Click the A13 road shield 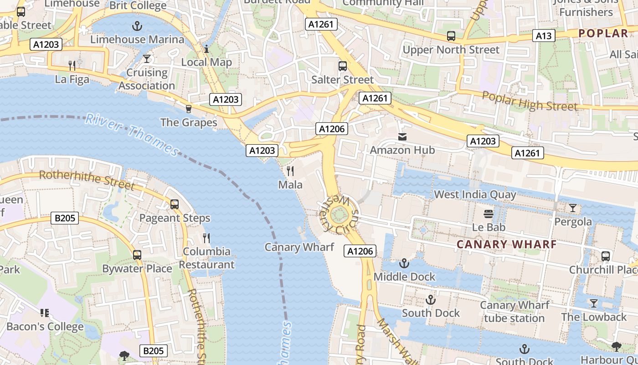click(x=544, y=36)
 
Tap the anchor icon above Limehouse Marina click(x=137, y=26)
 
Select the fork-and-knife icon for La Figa click(x=72, y=66)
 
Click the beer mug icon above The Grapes click(x=188, y=109)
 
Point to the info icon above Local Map click(x=206, y=48)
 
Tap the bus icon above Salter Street click(x=342, y=66)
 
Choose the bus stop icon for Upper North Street click(x=451, y=36)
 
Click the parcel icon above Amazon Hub click(x=402, y=136)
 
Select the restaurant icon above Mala click(x=290, y=171)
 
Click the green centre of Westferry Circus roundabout click(x=340, y=214)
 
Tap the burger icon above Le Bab click(x=489, y=214)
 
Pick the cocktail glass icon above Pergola click(x=572, y=208)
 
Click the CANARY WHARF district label click(x=506, y=244)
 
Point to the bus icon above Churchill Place click(x=605, y=256)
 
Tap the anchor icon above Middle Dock click(x=404, y=263)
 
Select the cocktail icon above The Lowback click(x=593, y=303)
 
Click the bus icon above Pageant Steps click(x=174, y=204)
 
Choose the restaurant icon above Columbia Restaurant click(x=206, y=238)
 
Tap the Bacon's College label click(x=45, y=327)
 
